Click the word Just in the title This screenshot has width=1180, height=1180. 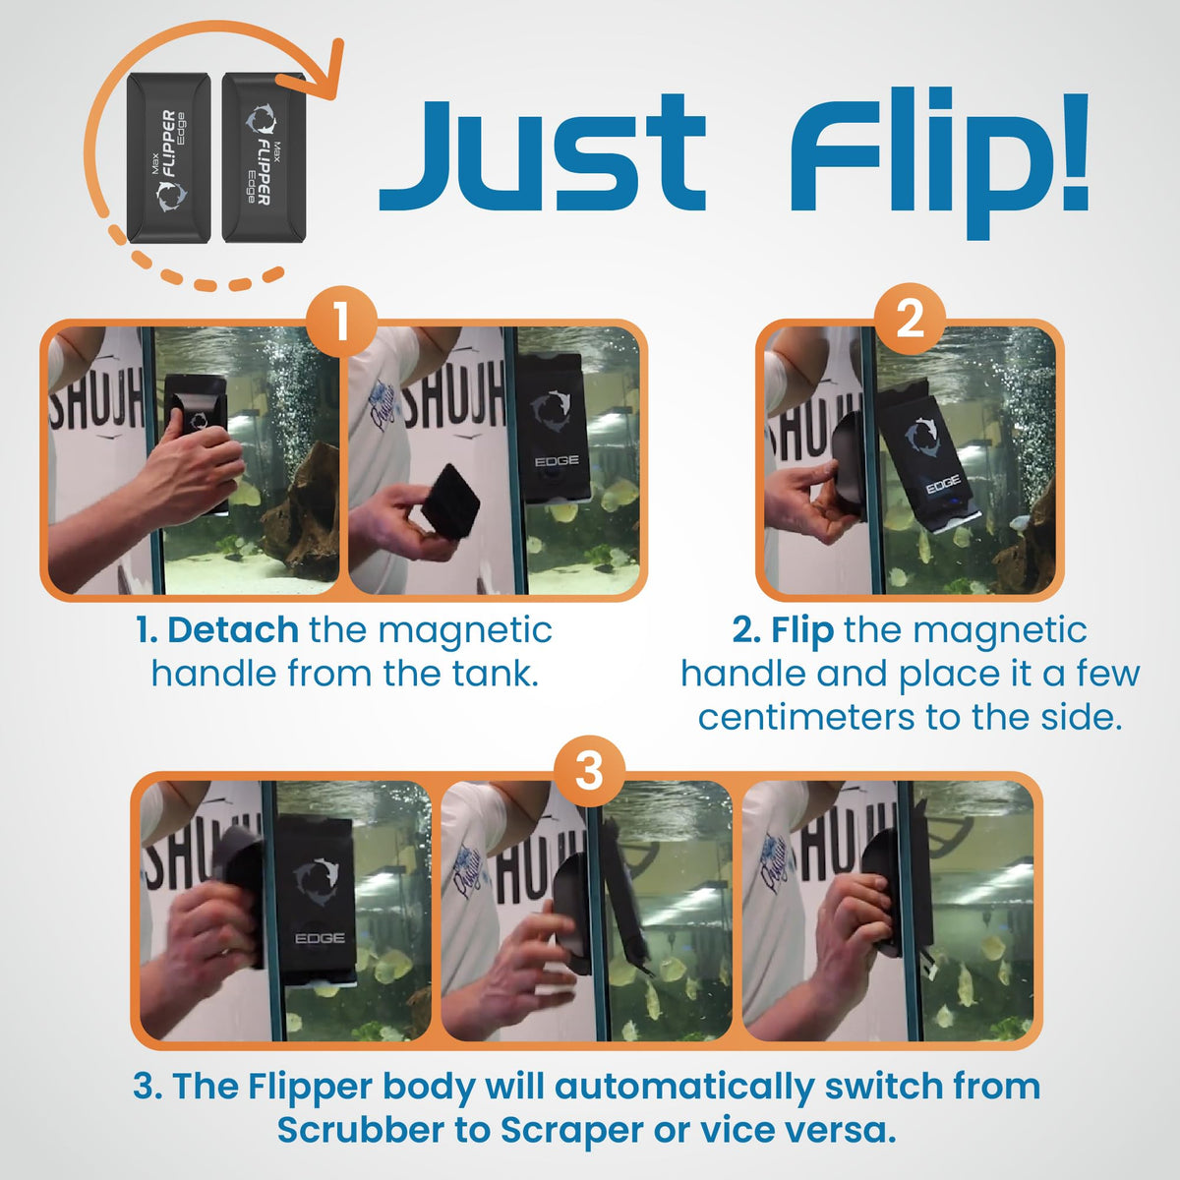click(543, 152)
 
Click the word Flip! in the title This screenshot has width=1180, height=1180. click(939, 162)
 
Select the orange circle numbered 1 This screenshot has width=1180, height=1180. click(341, 321)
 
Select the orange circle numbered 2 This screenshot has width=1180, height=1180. click(910, 319)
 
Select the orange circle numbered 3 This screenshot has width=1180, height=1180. click(589, 771)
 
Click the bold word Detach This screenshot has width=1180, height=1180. click(233, 630)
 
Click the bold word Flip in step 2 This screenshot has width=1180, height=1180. click(801, 630)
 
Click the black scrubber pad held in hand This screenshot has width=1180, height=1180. click(448, 501)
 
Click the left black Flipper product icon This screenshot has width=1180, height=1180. click(168, 158)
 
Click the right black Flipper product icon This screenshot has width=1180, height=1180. click(264, 157)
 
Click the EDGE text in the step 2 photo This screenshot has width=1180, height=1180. click(943, 485)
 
